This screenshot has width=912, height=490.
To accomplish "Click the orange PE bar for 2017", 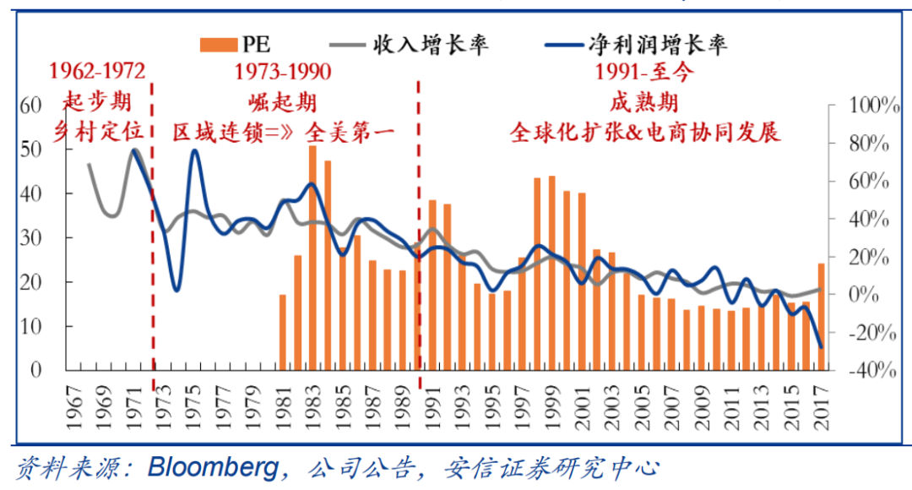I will coord(821,317).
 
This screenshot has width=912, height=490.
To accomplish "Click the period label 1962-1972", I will coord(98,72).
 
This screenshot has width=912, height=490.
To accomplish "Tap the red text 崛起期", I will coord(283,102).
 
